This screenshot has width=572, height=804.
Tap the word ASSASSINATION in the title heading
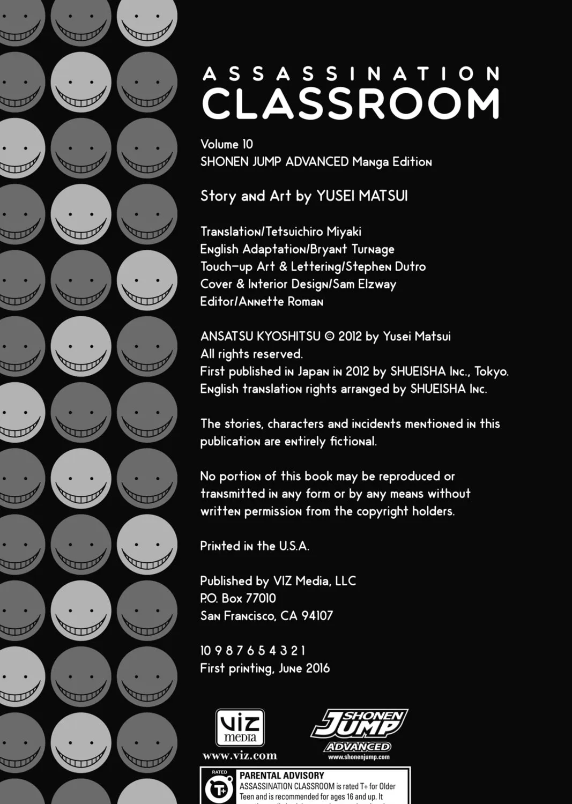click(x=351, y=73)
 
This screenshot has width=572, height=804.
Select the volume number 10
click(x=247, y=144)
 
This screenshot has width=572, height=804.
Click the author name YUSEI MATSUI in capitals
click(x=362, y=196)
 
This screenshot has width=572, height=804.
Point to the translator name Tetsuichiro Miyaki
click(x=317, y=232)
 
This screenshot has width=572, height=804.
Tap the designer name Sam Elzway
click(x=365, y=284)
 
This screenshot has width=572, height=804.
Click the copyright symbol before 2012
click(x=330, y=337)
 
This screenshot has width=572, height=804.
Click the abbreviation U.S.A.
click(x=294, y=546)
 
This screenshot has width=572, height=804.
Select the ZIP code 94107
click(x=317, y=616)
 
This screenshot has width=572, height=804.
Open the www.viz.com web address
click(x=240, y=756)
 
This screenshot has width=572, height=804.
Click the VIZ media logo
click(x=240, y=727)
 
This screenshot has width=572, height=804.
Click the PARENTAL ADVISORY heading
click(x=281, y=776)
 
